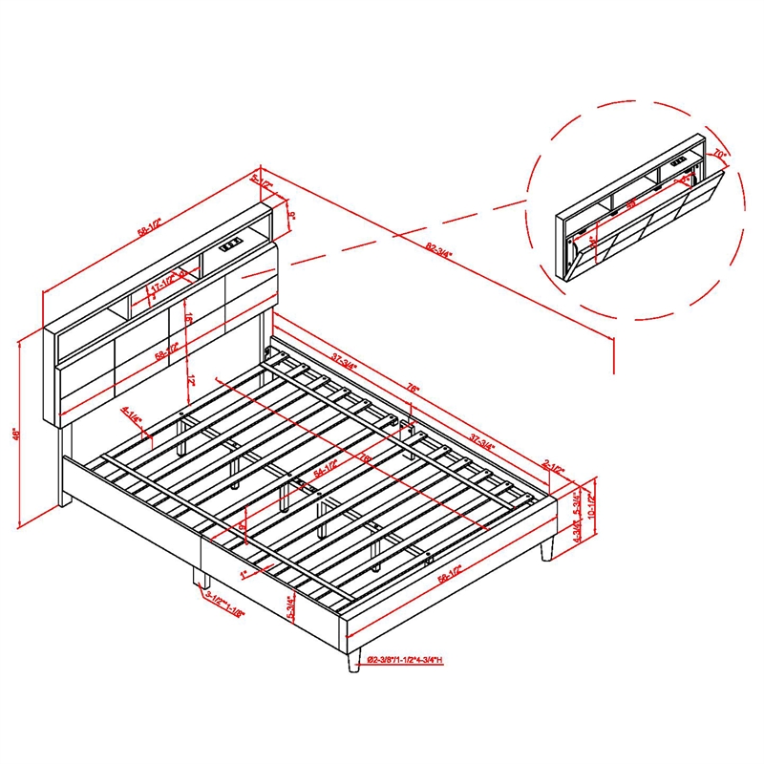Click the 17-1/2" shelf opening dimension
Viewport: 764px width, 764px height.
click(x=163, y=285)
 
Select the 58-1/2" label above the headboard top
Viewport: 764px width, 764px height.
click(x=148, y=224)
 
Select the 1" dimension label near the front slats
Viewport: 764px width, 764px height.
click(x=244, y=574)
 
